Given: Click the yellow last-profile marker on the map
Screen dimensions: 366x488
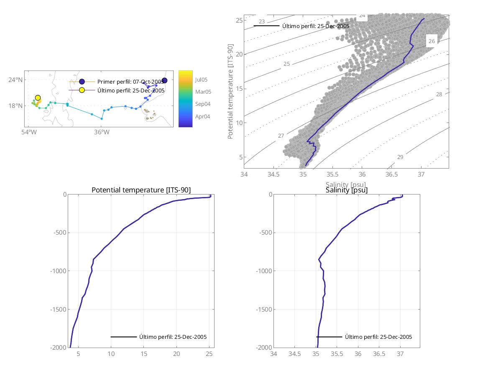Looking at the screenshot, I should click(38, 98).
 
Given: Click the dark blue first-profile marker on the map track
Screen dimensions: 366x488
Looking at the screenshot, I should click(164, 80).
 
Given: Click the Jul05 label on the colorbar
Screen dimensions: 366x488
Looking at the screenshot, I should click(201, 79).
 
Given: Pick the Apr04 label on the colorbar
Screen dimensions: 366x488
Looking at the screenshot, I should click(202, 116).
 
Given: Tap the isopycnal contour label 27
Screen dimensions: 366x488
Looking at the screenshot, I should click(281, 136).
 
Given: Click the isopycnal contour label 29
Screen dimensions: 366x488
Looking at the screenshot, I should click(400, 157).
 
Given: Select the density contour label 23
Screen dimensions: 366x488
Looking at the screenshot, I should click(262, 22).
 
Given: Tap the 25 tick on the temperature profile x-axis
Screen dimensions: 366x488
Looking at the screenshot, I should click(210, 354).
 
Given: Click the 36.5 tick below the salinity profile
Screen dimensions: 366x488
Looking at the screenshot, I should click(379, 354).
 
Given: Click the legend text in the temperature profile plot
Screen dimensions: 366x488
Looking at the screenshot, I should click(173, 337).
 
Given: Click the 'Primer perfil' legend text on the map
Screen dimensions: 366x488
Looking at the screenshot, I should click(130, 82).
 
